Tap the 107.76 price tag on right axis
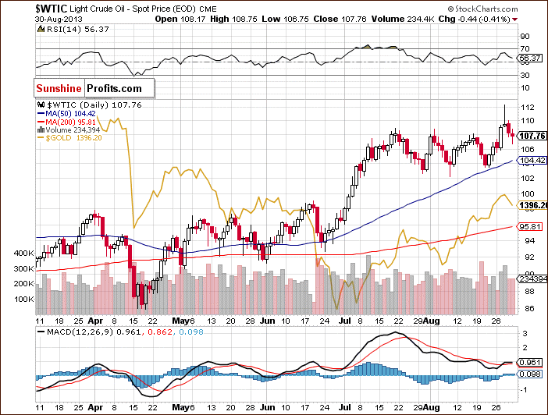(531, 134)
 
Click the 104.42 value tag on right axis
(531, 161)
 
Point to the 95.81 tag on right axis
(531, 226)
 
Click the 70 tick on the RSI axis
(525, 35)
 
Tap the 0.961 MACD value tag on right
(531, 363)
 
